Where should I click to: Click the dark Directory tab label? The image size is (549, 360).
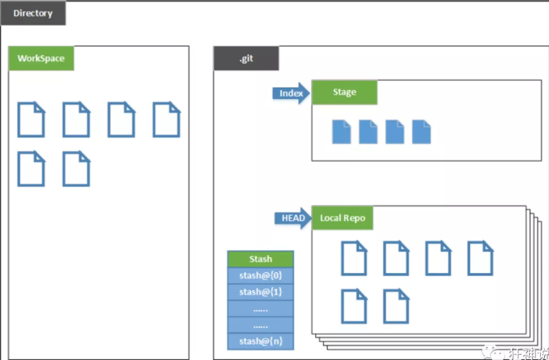click(x=33, y=13)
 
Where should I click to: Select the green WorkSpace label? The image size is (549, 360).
click(x=41, y=58)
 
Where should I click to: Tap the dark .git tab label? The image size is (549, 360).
click(x=246, y=58)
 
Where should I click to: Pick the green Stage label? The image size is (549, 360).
click(x=344, y=92)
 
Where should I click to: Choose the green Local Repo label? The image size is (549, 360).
click(x=343, y=219)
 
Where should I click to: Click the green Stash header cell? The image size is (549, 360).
click(x=260, y=259)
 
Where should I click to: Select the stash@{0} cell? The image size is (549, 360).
click(x=260, y=276)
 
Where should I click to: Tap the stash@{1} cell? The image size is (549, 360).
click(x=260, y=292)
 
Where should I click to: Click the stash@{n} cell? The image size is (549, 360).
click(x=260, y=341)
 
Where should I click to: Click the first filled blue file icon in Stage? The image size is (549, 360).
click(x=341, y=132)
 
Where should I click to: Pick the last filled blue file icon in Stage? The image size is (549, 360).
click(x=422, y=132)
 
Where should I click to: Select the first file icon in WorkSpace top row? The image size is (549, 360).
click(x=31, y=120)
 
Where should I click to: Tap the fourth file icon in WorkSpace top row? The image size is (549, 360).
click(x=166, y=120)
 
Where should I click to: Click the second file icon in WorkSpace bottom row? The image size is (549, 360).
click(x=76, y=169)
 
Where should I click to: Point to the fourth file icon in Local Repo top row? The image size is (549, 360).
click(x=480, y=259)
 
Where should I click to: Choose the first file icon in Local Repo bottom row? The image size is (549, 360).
click(x=354, y=307)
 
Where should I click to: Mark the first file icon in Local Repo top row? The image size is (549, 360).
click(x=354, y=259)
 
